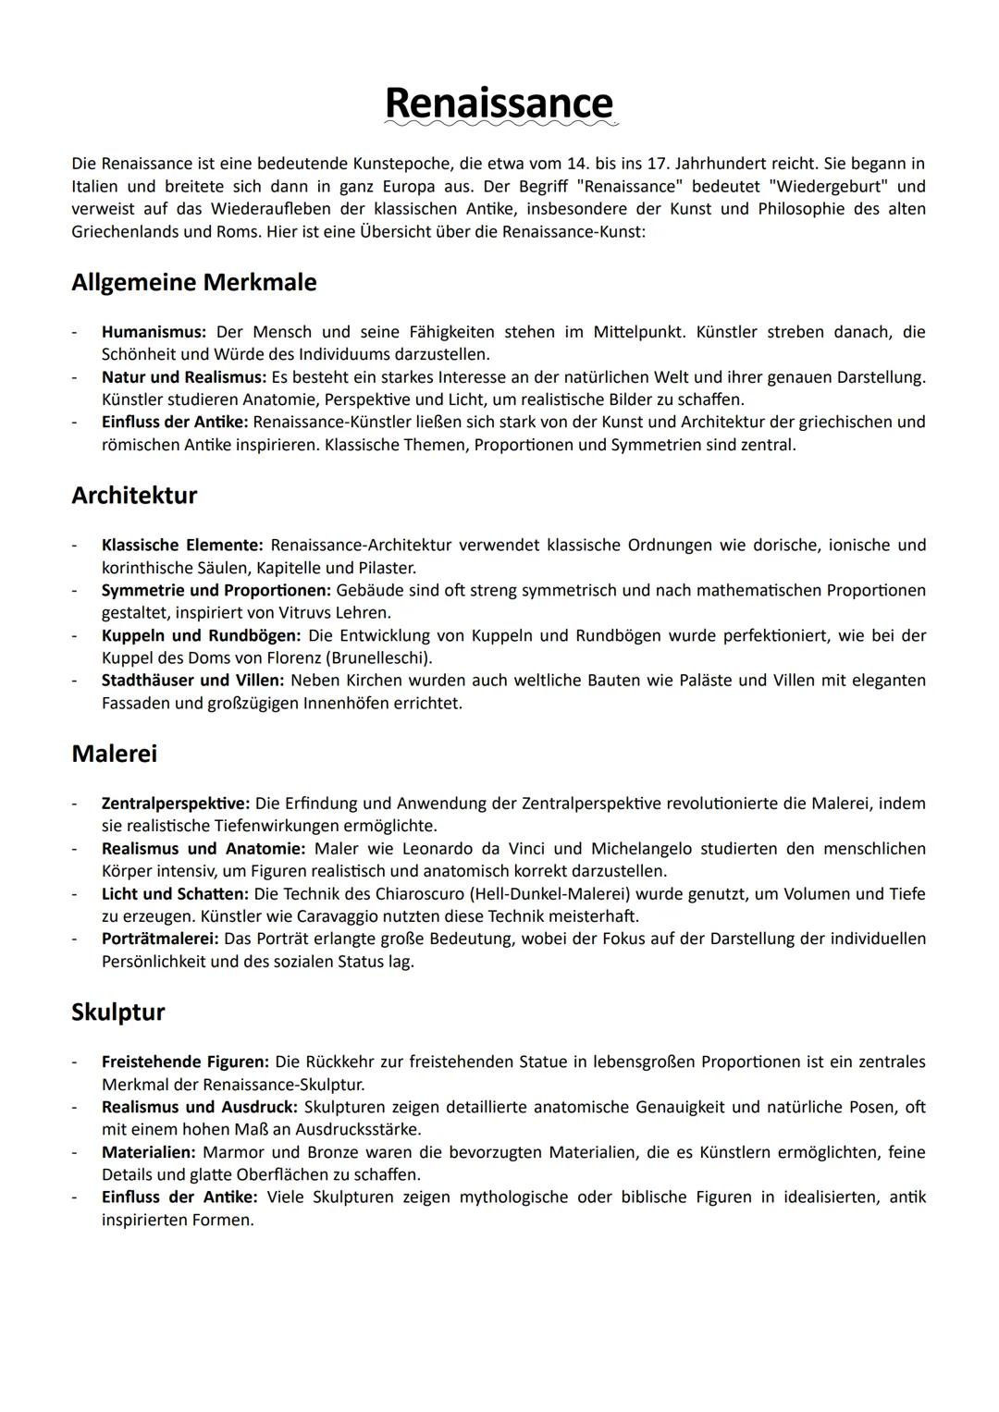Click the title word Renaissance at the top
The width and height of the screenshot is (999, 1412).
499,103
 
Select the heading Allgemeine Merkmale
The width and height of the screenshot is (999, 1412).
193,282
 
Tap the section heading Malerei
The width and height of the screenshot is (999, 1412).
114,754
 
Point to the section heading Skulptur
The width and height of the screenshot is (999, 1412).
117,1012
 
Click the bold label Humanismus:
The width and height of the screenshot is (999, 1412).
154,332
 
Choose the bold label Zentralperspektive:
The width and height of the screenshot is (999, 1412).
176,804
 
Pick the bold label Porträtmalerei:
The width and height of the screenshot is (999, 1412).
161,939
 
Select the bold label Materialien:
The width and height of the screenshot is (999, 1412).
148,1152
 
